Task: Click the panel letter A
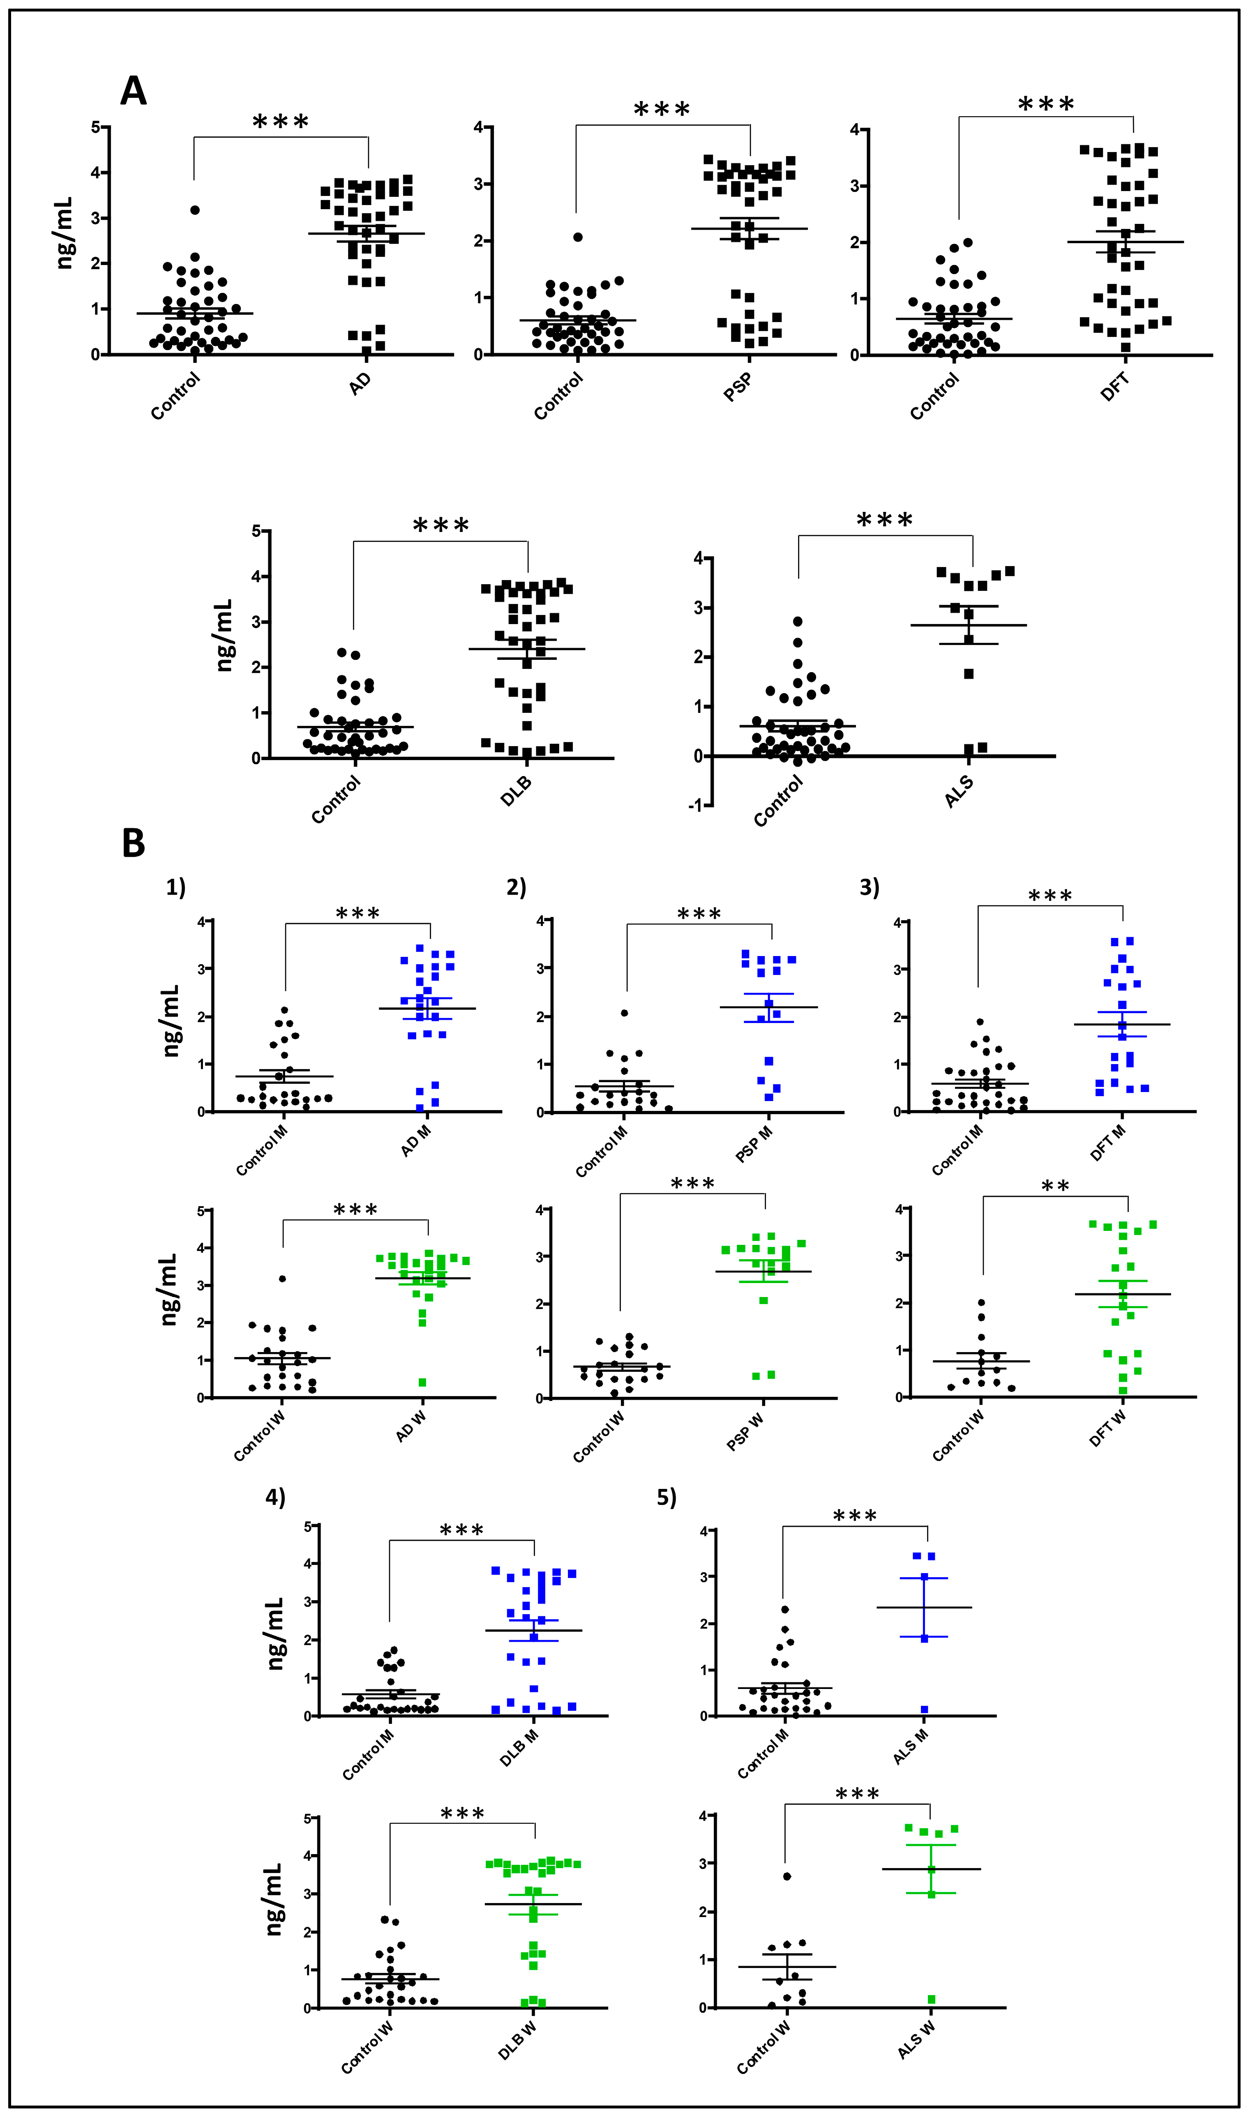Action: click(x=133, y=91)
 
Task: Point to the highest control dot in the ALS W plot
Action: click(x=787, y=1876)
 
